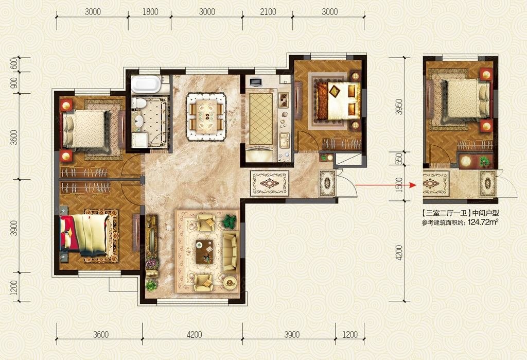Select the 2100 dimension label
pyautogui.click(x=267, y=12)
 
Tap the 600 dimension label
pyautogui.click(x=14, y=65)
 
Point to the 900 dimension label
pyautogui.click(x=14, y=82)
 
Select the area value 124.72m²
pyautogui.click(x=483, y=222)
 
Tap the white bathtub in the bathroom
pyautogui.click(x=146, y=84)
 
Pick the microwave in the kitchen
pyautogui.click(x=255, y=81)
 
